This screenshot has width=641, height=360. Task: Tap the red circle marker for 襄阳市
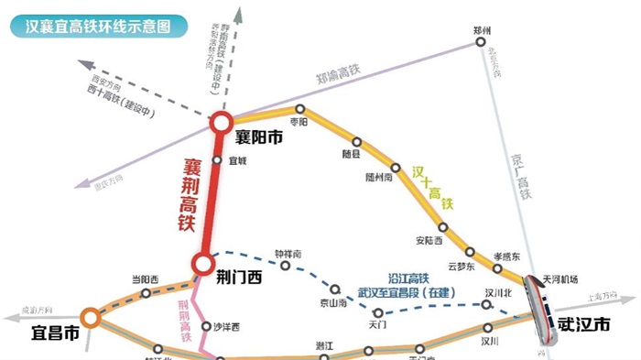(221, 123)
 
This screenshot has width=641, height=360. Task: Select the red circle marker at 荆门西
(202, 264)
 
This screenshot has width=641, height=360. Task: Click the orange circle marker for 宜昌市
(90, 318)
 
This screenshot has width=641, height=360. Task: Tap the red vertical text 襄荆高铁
(190, 193)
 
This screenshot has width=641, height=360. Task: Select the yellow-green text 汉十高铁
(432, 189)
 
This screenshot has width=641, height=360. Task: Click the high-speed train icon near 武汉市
(540, 307)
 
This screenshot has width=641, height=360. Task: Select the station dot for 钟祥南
(287, 267)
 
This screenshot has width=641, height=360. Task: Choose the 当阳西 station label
(145, 278)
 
